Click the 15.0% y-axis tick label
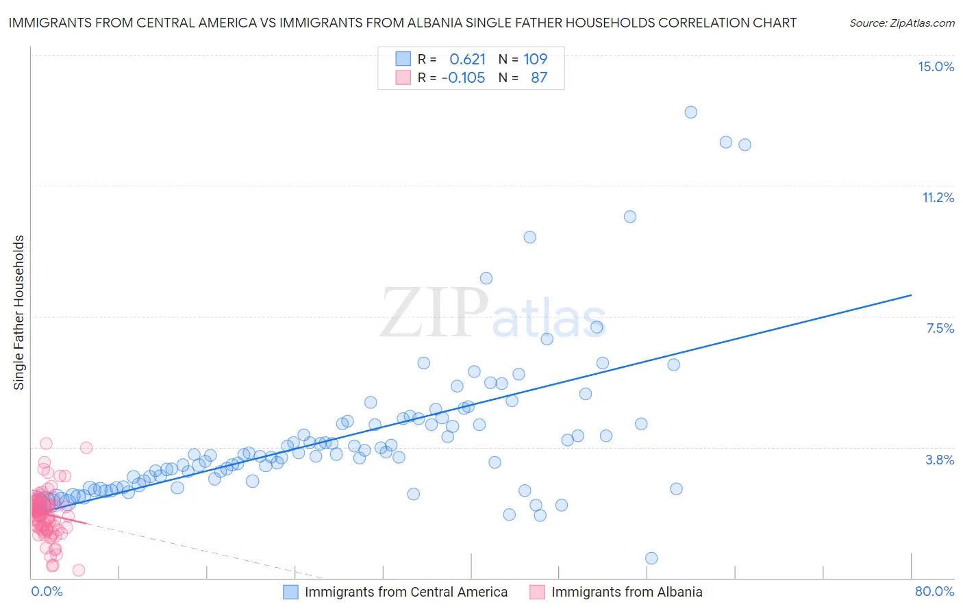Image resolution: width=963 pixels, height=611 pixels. (936, 66)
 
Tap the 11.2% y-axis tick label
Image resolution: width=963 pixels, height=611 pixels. (938, 197)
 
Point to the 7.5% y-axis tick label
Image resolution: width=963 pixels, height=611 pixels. (940, 328)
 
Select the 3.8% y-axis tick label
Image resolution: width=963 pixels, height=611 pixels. (940, 460)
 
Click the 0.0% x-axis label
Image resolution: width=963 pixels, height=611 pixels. (47, 591)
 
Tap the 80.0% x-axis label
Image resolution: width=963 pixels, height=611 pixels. (934, 591)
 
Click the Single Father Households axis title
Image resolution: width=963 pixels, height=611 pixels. (19, 312)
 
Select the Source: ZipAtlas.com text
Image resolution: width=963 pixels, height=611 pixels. (901, 23)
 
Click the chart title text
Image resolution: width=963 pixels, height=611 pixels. (402, 23)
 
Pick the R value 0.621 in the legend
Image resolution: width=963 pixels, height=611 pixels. (467, 60)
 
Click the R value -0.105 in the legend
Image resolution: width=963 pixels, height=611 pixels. (463, 78)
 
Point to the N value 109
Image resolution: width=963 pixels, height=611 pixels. (535, 60)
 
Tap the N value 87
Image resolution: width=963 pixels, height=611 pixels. (539, 78)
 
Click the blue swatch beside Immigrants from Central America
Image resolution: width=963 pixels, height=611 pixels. (290, 592)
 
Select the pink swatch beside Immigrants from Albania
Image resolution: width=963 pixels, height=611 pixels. (537, 592)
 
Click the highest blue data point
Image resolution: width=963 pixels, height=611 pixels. (690, 112)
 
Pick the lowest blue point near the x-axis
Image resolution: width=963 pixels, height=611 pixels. (651, 558)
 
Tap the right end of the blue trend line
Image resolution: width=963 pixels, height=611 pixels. (911, 295)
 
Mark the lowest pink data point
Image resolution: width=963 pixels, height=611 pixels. (79, 570)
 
